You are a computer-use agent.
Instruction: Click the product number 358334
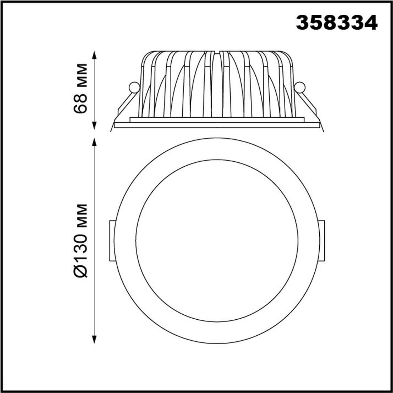pyautogui.click(x=337, y=23)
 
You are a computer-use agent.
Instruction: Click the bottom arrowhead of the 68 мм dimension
pyautogui.click(x=94, y=126)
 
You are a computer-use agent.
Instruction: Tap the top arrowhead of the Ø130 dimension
pyautogui.click(x=94, y=142)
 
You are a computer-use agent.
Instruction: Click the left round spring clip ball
pyautogui.click(x=134, y=88)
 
